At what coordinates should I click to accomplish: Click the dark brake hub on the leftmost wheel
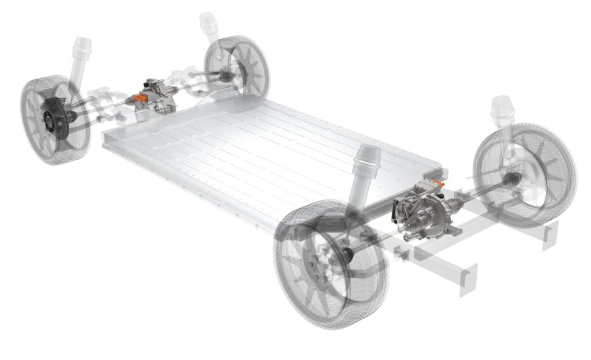pyautogui.click(x=54, y=118)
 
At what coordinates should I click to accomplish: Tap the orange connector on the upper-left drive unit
pyautogui.click(x=140, y=99)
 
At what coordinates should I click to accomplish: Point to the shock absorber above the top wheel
pyautogui.click(x=210, y=26)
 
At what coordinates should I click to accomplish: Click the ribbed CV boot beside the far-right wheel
pyautogui.click(x=511, y=181)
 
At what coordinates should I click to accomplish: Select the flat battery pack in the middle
pyautogui.click(x=271, y=156)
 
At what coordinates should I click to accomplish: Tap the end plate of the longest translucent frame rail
pyautogui.click(x=468, y=280)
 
